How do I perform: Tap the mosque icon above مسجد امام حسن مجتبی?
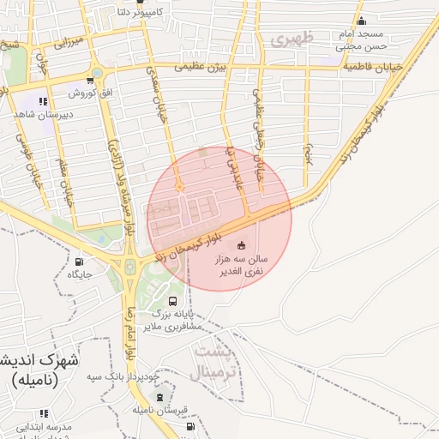[361, 21]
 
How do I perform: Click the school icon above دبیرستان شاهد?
[43, 102]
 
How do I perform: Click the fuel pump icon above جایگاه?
[80, 262]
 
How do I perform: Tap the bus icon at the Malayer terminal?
[174, 301]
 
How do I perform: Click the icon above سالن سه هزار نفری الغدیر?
[240, 246]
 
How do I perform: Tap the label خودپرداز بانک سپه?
[129, 377]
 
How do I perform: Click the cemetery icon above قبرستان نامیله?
[160, 396]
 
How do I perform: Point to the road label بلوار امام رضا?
[129, 331]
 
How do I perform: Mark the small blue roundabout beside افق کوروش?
[97, 74]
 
